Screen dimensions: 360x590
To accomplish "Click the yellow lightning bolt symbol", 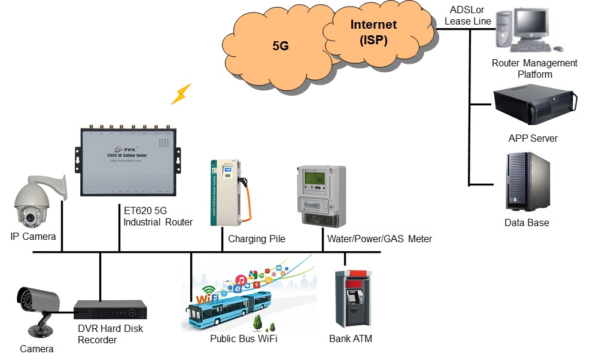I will click(x=181, y=94).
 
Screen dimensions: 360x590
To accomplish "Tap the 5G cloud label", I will click(x=281, y=45).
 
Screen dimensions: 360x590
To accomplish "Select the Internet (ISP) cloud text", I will click(x=373, y=32).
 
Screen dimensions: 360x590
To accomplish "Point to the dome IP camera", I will click(x=33, y=203).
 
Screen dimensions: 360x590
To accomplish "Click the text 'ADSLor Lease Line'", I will click(x=467, y=16).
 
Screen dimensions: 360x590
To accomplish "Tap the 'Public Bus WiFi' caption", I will click(x=244, y=339).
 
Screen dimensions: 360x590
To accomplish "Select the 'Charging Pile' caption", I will click(x=257, y=239).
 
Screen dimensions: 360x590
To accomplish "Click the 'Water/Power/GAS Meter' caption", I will click(x=379, y=239).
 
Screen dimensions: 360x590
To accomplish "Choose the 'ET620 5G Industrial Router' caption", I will click(x=158, y=216).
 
